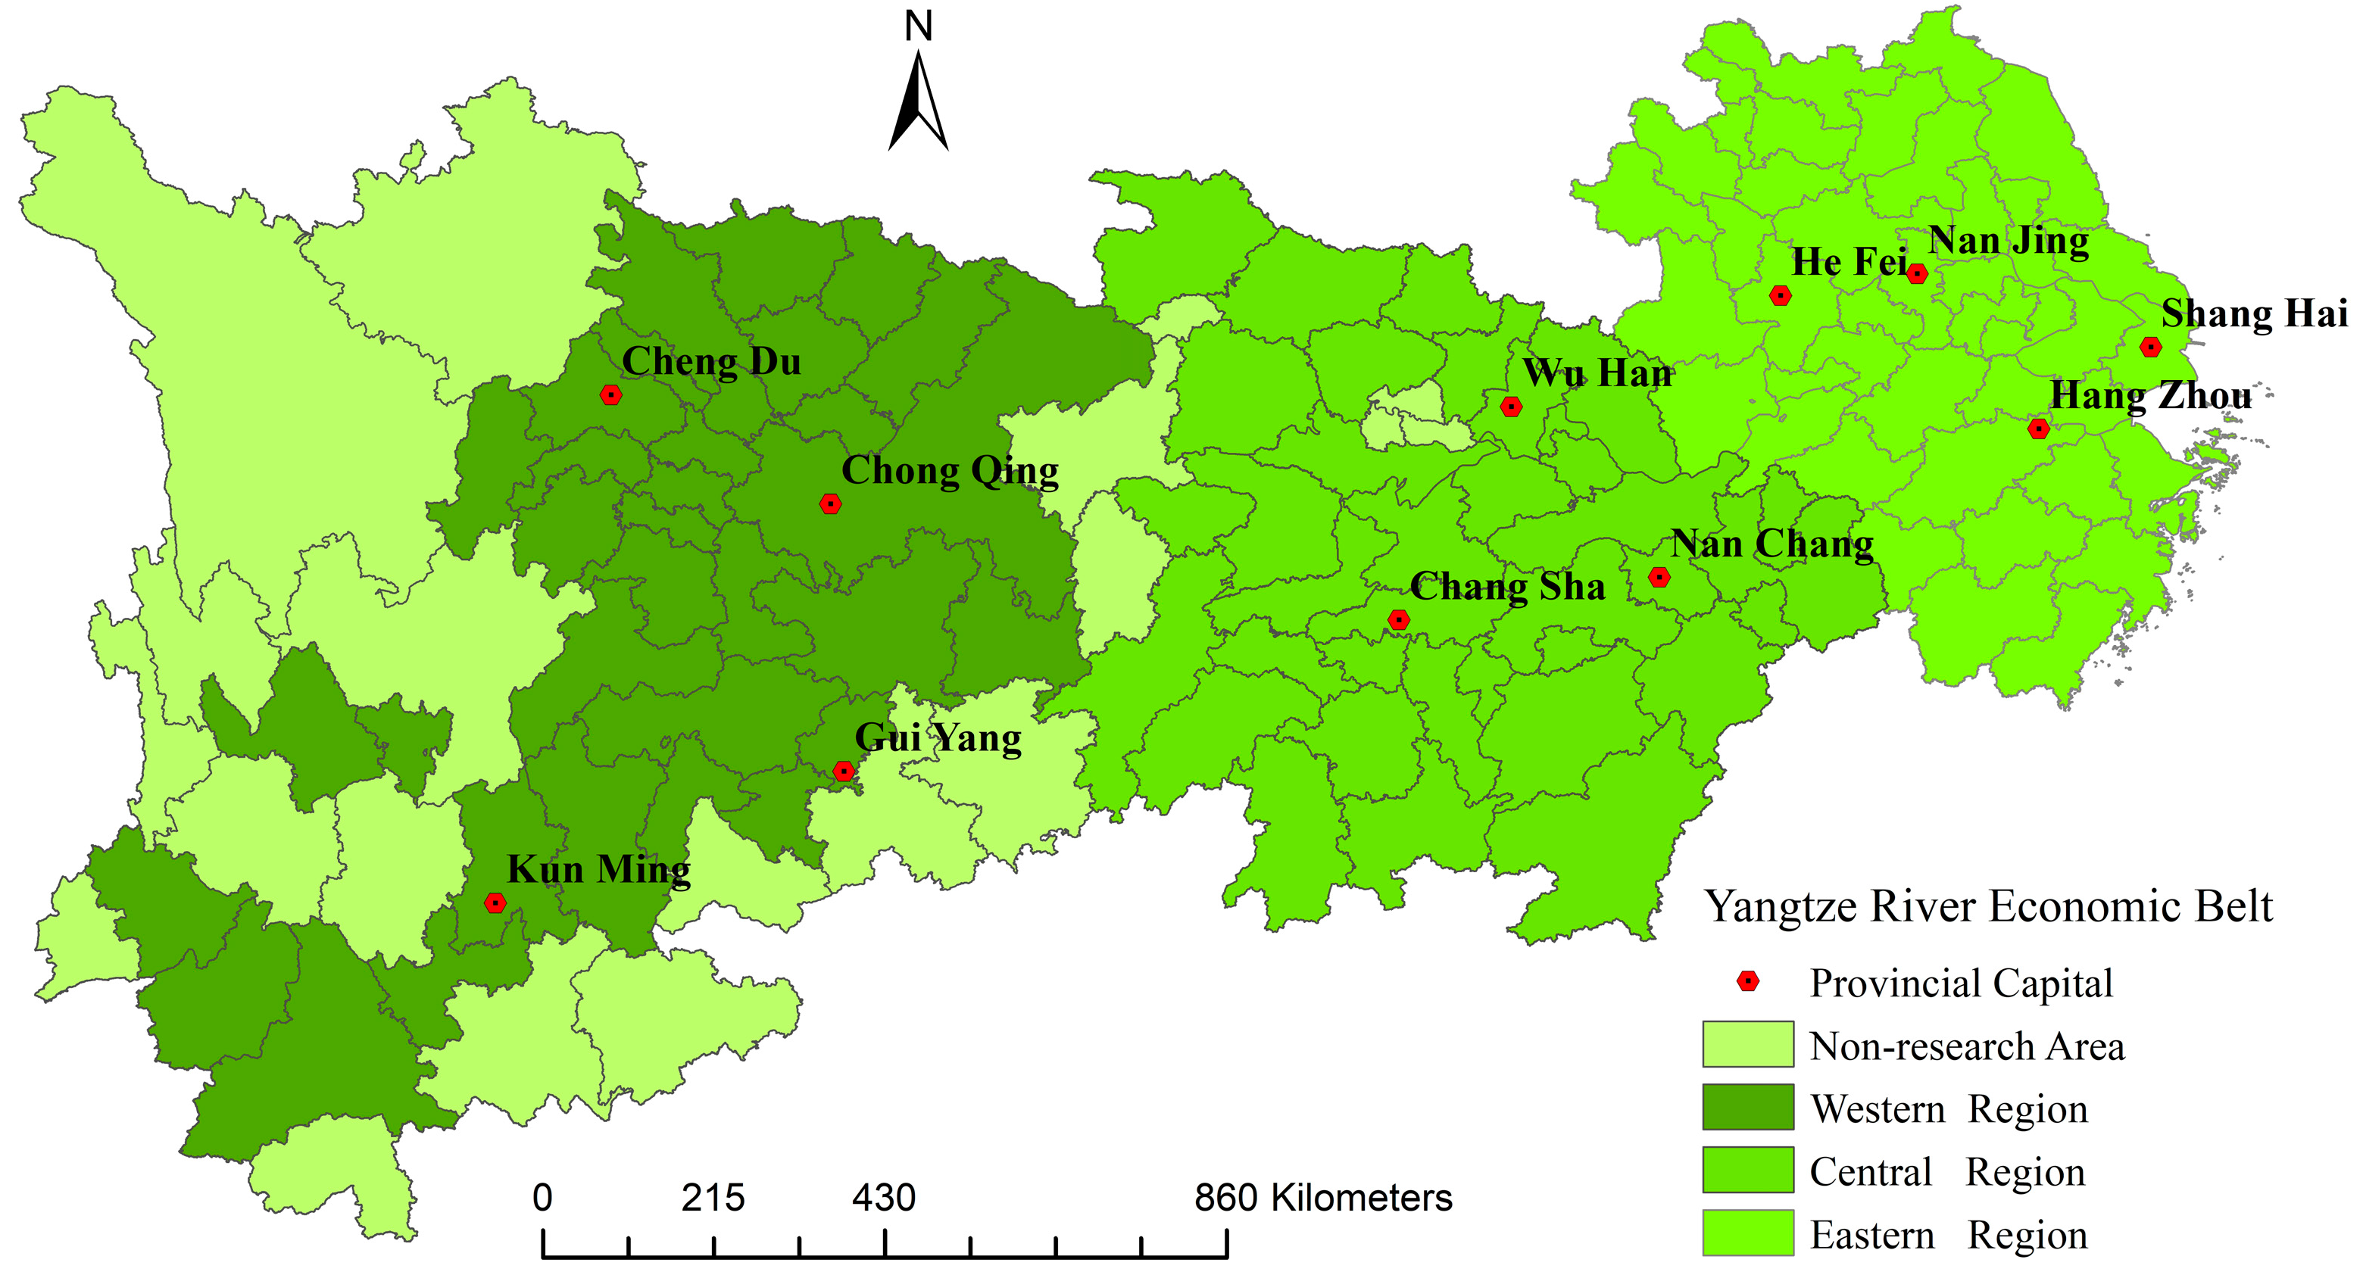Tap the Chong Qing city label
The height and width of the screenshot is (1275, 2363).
(x=950, y=472)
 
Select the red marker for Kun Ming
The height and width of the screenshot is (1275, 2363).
(x=495, y=902)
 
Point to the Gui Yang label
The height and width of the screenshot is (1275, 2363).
(x=938, y=738)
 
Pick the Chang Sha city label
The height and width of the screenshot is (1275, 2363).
(x=1507, y=587)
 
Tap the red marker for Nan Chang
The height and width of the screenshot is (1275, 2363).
(x=1659, y=577)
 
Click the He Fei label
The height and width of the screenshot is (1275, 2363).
(x=1850, y=262)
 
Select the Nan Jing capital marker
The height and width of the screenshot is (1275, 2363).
(x=1917, y=273)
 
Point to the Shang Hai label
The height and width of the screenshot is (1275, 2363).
(x=2254, y=313)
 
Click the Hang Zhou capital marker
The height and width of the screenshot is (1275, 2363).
(x=2038, y=429)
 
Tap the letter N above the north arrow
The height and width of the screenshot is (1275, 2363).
(x=918, y=26)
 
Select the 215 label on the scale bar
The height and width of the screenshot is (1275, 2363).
(x=713, y=1198)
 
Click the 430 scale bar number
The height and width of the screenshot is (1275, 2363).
(x=883, y=1198)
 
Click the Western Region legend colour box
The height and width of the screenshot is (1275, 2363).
(x=1747, y=1107)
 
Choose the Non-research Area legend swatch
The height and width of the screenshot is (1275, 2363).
(x=1747, y=1044)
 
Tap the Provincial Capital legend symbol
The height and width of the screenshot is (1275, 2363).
(x=1749, y=981)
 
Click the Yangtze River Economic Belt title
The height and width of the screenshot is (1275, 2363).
(x=1988, y=907)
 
